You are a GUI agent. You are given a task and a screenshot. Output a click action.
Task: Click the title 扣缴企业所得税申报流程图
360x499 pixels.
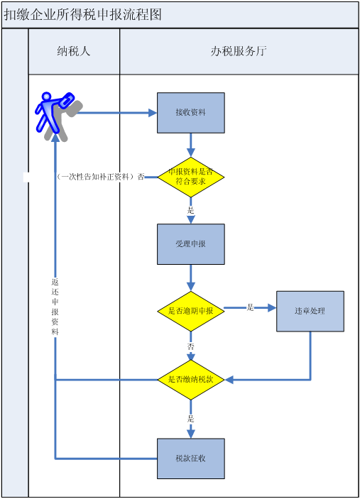click(x=83, y=15)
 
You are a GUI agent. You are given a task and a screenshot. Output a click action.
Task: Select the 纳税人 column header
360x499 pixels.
click(x=74, y=51)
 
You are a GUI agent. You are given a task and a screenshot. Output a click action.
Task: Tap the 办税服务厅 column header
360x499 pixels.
click(x=239, y=51)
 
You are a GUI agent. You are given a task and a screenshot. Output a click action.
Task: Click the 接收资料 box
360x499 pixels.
click(x=191, y=113)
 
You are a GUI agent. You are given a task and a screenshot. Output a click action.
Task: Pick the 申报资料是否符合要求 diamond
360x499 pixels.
click(x=191, y=177)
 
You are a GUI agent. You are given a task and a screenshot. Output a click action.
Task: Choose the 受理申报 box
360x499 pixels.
click(x=191, y=244)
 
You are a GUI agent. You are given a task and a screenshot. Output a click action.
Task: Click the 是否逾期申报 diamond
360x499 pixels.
click(x=191, y=311)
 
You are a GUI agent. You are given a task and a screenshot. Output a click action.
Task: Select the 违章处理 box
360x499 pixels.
click(x=310, y=311)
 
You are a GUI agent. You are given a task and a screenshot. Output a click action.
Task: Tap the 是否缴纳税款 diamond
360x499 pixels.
click(x=191, y=380)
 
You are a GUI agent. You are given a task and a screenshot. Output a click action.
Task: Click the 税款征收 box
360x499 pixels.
click(x=191, y=459)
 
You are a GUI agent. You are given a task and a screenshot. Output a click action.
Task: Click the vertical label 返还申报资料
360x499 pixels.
click(x=55, y=307)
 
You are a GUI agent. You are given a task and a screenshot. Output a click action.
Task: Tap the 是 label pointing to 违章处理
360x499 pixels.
click(x=251, y=307)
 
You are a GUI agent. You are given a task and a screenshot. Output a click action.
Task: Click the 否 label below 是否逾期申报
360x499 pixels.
click(x=191, y=346)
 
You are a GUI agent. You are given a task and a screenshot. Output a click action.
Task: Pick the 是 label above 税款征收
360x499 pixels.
click(x=191, y=419)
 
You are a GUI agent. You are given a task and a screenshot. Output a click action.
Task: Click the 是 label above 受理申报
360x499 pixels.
click(x=191, y=210)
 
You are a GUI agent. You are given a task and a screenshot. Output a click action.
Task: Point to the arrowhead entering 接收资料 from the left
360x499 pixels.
click(x=153, y=113)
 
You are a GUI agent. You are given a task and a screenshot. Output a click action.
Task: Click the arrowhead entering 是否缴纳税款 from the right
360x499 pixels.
click(x=229, y=380)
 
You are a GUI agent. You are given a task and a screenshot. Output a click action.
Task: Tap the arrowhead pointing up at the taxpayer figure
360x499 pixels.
click(x=55, y=138)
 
